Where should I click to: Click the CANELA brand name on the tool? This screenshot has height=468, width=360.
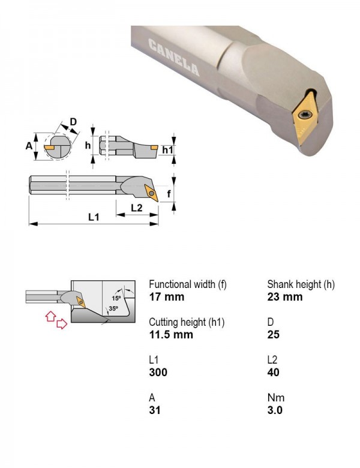click(x=174, y=58)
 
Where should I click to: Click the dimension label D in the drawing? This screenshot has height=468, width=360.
click(x=73, y=122)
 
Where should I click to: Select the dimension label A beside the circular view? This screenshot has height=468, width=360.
click(x=29, y=146)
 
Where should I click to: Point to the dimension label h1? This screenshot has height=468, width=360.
click(x=167, y=149)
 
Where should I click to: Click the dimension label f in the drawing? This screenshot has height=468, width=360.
click(x=169, y=193)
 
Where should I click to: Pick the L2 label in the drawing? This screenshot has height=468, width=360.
click(x=137, y=208)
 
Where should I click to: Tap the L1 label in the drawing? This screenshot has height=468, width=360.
click(x=94, y=217)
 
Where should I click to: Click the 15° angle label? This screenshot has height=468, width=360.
click(x=116, y=298)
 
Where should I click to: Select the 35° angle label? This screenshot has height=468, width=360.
click(x=113, y=308)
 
